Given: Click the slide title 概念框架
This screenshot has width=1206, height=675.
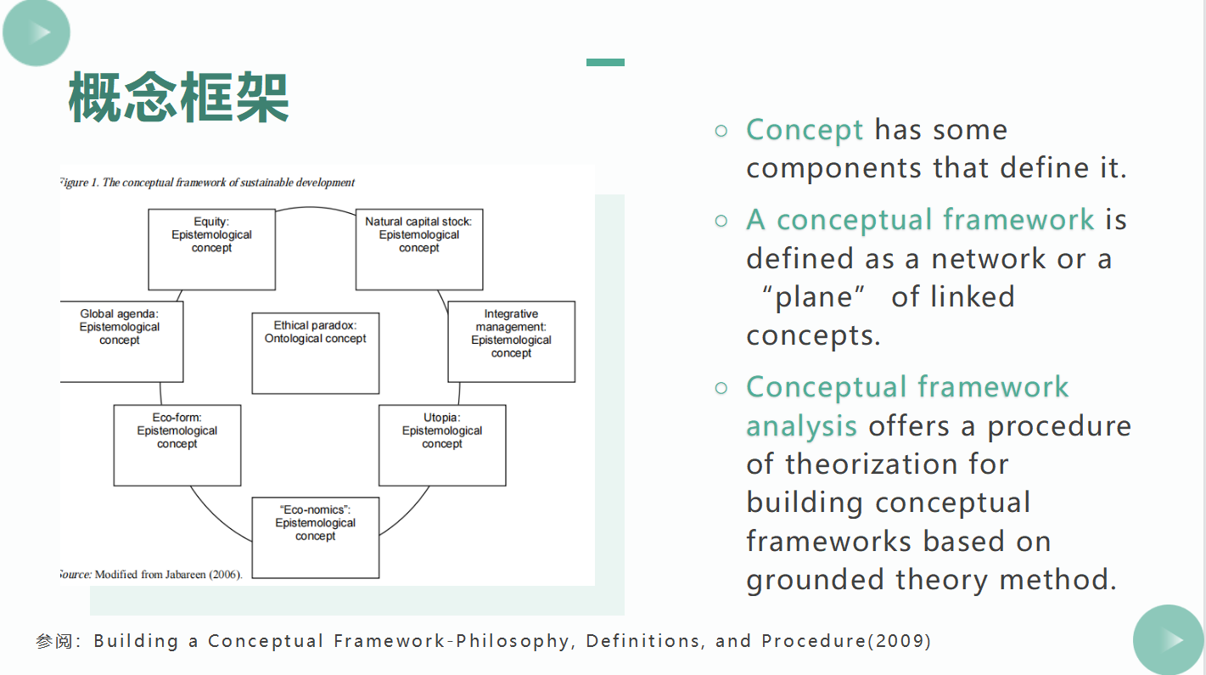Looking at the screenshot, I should (179, 97).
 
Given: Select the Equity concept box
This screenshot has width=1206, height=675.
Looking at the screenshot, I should (211, 249).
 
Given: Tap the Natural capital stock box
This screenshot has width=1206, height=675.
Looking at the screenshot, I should (418, 249).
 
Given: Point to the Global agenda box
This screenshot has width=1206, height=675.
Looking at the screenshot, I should (120, 340).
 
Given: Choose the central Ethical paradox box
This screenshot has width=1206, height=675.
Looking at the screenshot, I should (315, 352).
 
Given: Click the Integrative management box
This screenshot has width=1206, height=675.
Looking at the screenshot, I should (511, 340).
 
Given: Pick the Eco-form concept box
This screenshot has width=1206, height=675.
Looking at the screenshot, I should (177, 444).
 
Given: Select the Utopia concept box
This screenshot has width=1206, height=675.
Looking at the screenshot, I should (441, 444).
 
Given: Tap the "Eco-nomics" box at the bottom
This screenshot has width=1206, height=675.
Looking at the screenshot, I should (315, 537).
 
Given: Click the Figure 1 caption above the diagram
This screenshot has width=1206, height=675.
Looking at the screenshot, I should (207, 183).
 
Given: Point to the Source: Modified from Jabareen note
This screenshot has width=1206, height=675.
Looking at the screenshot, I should (150, 574).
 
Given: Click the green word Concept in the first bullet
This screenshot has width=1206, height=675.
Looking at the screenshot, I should (805, 130).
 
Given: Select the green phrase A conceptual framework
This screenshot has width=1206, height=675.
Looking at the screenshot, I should (920, 220).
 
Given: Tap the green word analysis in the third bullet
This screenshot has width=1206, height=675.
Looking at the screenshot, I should (801, 425).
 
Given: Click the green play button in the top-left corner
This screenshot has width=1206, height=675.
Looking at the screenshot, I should (36, 32).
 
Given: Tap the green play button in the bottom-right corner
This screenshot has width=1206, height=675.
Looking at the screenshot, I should (1170, 639).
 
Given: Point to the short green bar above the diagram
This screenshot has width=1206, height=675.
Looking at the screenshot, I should (605, 62).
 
